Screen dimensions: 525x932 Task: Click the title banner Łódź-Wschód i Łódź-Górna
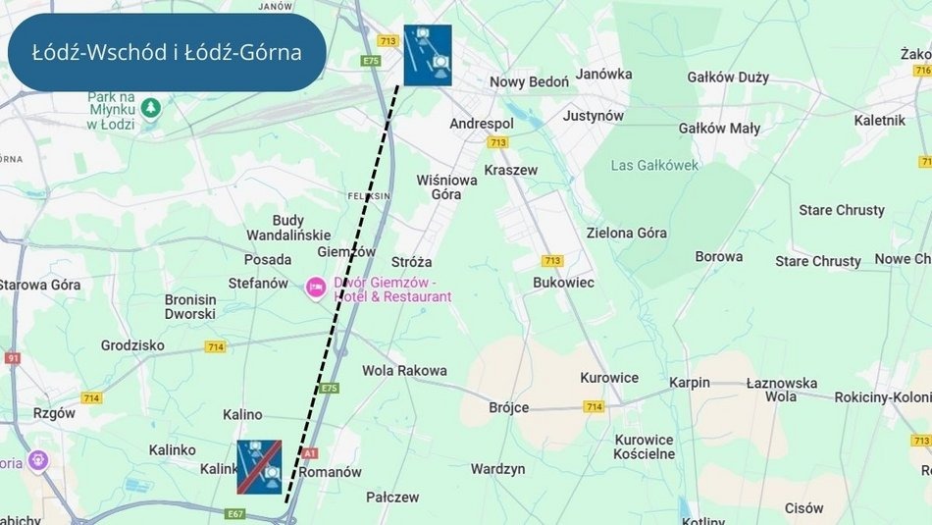point(166,53)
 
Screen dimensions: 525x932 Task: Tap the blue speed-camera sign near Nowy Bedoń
point(428,55)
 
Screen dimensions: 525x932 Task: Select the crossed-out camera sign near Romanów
point(259,466)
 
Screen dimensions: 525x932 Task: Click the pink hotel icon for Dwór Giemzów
point(316,288)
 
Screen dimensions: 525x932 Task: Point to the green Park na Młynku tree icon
point(149,106)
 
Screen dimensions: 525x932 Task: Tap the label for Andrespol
point(481,124)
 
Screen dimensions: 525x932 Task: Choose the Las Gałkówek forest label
point(654,165)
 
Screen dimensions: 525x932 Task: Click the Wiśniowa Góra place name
point(446,186)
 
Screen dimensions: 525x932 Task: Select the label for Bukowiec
point(563,282)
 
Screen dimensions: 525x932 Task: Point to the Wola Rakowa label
point(404,370)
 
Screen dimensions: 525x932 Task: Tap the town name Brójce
point(508,407)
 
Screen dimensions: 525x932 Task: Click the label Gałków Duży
point(728,77)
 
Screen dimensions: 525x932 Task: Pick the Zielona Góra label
point(626,233)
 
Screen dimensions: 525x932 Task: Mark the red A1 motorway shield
point(310,453)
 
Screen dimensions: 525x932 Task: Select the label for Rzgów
point(54,413)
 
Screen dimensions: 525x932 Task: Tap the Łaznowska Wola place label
point(781,390)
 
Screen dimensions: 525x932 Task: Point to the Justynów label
point(593,115)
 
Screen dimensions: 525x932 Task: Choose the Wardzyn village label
point(497,469)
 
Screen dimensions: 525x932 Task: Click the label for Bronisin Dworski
point(189,306)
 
